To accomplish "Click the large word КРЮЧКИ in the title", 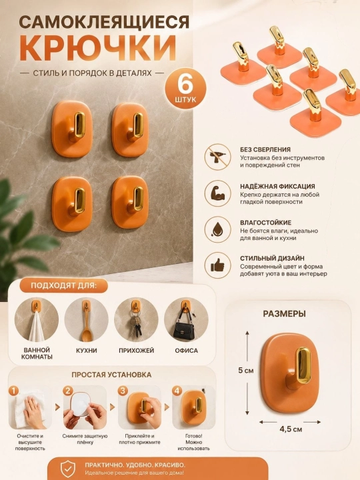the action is pos(98,49).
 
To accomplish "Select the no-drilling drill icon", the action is pos(217,157).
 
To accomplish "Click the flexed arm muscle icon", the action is pos(217,193).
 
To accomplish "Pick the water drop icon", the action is pos(217,229).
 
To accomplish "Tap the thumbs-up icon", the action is pos(217,265).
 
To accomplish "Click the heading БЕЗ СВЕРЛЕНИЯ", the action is pos(265,150).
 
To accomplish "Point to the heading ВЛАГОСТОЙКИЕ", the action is pos(266,223).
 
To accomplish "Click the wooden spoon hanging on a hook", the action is pos(86,325).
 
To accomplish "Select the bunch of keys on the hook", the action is pos(135,324).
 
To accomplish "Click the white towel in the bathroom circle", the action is pos(37,327).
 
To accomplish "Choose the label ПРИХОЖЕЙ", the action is pos(136,351).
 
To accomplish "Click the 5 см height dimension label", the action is pos(246,371).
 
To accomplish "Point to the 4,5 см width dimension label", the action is pos(291,429).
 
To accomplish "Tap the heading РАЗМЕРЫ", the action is pos(285,314).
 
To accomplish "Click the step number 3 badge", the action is pos(123,391).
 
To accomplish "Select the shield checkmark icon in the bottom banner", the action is pos(67,469).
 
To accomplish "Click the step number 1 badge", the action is pos(14,391).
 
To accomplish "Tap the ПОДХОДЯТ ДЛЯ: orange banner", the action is pos(64,285).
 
